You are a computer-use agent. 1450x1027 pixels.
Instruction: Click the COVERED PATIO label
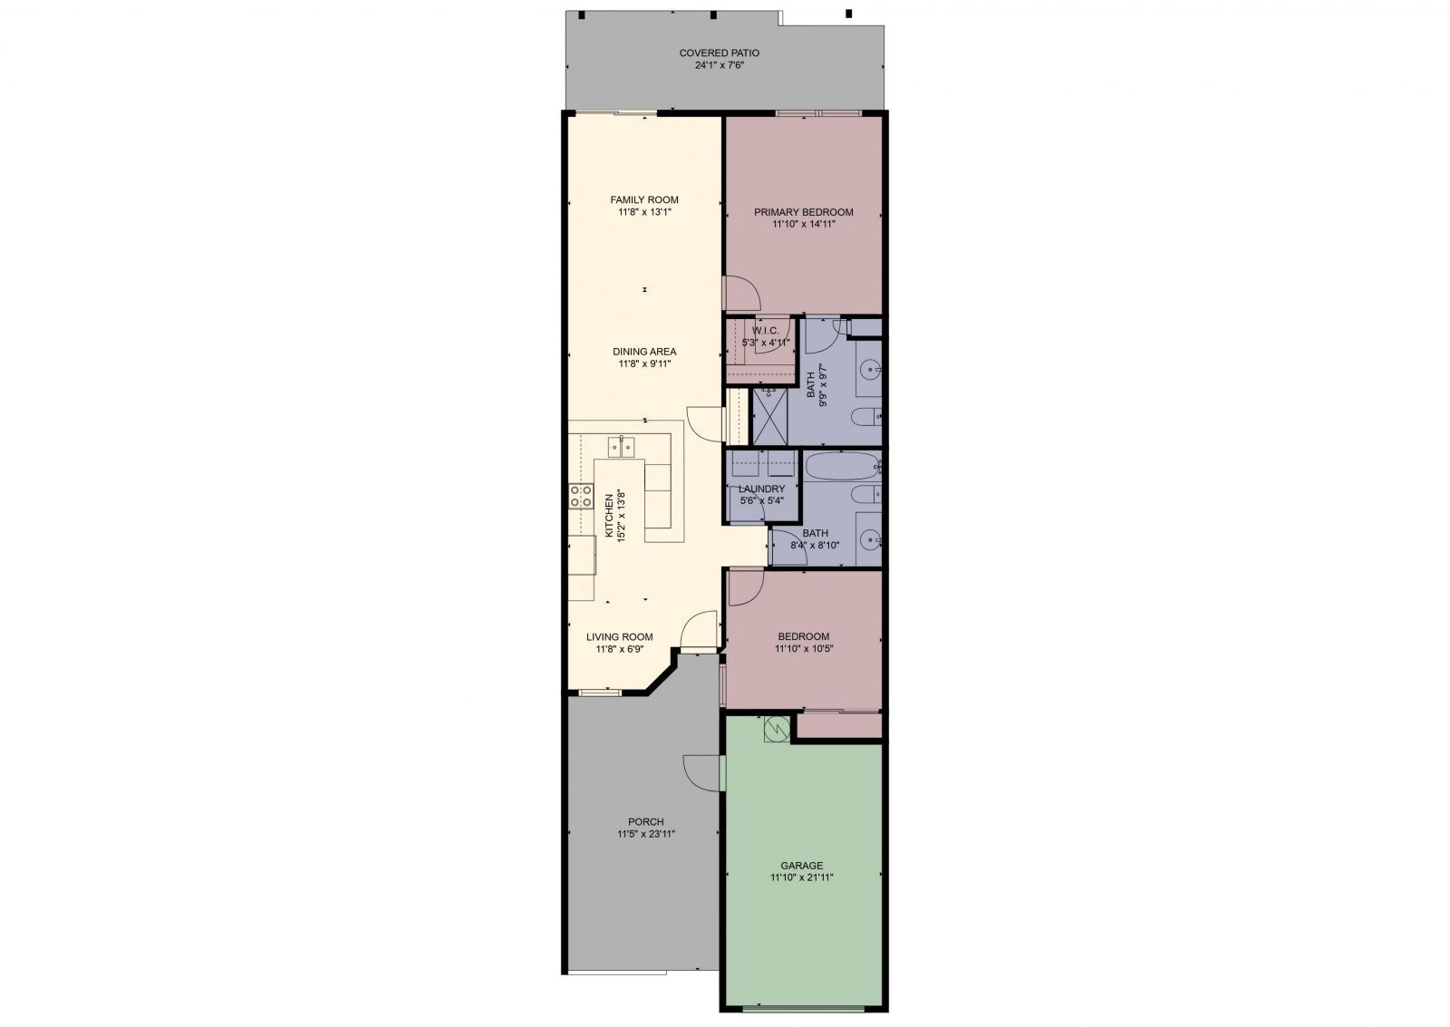(720, 53)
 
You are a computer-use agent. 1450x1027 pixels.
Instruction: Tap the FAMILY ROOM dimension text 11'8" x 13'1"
(644, 212)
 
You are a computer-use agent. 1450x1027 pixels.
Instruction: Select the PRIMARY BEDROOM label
(803, 212)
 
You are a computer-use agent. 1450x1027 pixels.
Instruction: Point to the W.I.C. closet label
(765, 331)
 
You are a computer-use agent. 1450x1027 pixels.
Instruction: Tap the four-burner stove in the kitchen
(128, 496)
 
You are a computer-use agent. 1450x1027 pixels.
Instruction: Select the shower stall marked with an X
(769, 416)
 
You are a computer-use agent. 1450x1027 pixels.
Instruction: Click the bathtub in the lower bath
(842, 465)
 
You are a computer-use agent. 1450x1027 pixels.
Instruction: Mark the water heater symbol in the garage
(777, 729)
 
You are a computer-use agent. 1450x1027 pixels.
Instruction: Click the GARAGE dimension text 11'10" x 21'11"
(801, 878)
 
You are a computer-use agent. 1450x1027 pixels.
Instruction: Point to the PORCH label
(646, 822)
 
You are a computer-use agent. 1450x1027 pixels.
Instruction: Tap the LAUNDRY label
(761, 489)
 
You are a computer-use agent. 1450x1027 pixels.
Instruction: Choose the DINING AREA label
(644, 352)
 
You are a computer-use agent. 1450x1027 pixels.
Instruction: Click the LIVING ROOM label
(620, 636)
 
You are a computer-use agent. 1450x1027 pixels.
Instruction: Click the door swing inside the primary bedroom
(741, 294)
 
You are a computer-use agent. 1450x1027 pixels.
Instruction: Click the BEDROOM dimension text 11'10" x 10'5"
(803, 648)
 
